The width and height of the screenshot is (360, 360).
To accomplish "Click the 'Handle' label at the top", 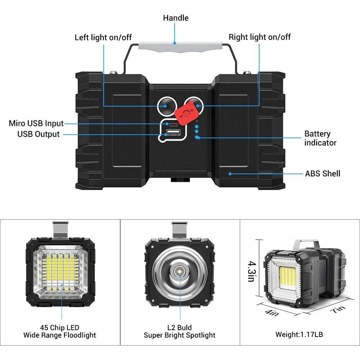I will click(x=175, y=18).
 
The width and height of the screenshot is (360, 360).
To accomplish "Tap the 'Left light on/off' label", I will click(x=103, y=37).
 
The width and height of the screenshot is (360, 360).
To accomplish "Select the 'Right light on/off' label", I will click(x=260, y=37).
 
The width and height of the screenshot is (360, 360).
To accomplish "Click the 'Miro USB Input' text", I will click(x=36, y=123).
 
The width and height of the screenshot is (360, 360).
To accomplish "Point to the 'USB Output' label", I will click(x=39, y=134).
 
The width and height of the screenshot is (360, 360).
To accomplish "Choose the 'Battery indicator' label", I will click(x=320, y=138).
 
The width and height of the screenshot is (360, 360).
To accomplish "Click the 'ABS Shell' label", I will click(x=323, y=174).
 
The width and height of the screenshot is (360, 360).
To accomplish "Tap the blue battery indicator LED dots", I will click(x=197, y=132).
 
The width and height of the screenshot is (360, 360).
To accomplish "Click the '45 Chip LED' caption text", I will click(x=60, y=328).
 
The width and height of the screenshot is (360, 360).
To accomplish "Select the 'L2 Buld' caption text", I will click(x=180, y=328).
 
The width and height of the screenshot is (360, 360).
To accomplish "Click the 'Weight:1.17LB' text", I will click(x=299, y=334).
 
